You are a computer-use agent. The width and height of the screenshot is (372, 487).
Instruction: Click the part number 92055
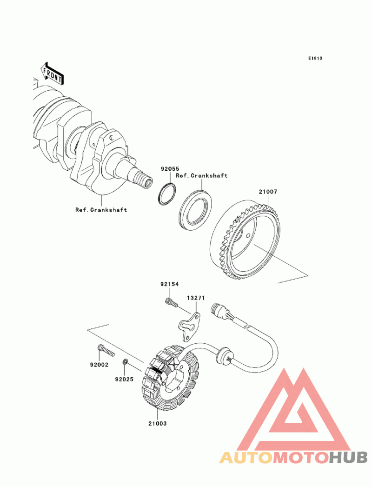[x=170, y=169]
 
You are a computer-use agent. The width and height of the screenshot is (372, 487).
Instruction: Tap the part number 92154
[x=170, y=284]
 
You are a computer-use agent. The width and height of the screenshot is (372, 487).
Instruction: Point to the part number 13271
[x=196, y=298]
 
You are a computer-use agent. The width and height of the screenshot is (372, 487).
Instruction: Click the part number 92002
[x=99, y=365]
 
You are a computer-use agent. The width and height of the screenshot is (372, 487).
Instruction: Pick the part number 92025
[x=125, y=379]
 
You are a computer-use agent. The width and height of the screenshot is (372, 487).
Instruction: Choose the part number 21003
[x=158, y=424]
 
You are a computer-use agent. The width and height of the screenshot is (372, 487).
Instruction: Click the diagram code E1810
[x=315, y=59]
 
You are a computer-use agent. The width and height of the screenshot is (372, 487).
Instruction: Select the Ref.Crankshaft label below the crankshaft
[x=101, y=210]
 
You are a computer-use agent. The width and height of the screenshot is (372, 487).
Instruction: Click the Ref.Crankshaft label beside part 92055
[x=202, y=176]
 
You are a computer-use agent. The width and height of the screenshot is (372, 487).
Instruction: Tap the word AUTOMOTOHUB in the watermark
[x=293, y=458]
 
